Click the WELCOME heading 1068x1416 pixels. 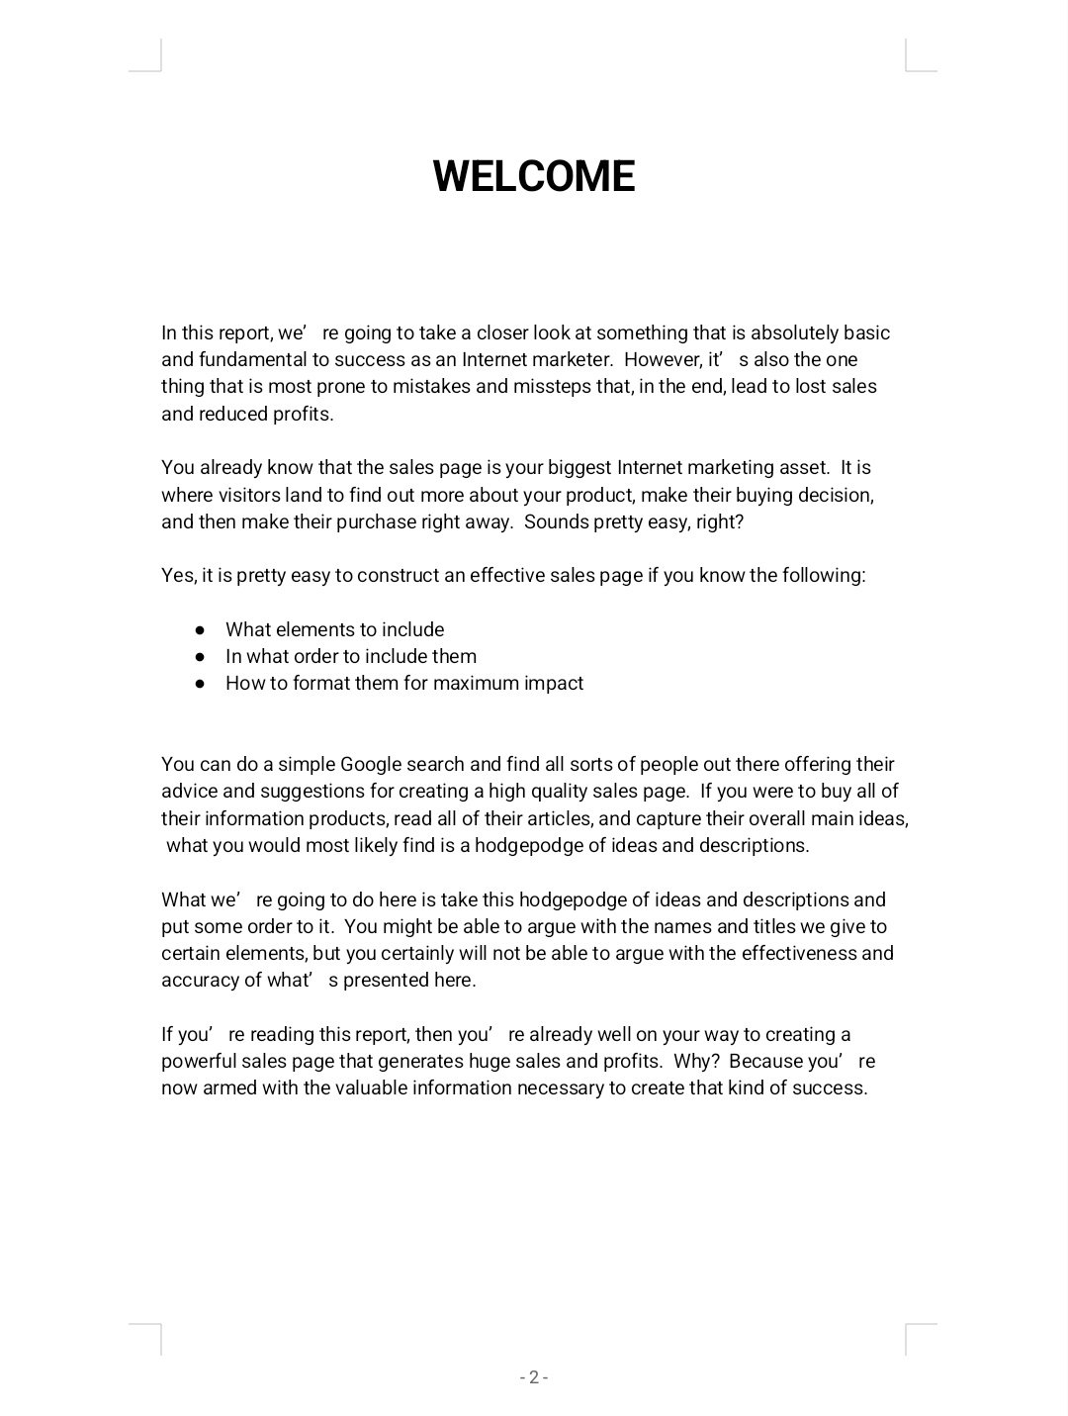(x=533, y=176)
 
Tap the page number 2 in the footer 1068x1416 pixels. (x=533, y=1377)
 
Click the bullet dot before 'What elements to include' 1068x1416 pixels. (x=200, y=629)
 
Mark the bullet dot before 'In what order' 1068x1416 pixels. (x=200, y=656)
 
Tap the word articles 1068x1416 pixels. (x=558, y=818)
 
